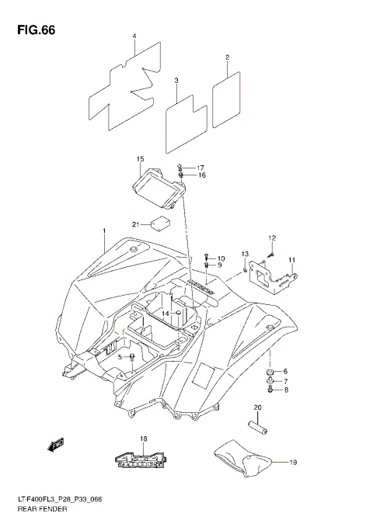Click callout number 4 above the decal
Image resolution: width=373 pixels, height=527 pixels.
click(134, 36)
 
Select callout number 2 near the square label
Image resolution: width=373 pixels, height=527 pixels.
click(227, 57)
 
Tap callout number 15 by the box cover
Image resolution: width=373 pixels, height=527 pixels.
click(141, 159)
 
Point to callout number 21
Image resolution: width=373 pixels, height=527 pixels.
click(134, 224)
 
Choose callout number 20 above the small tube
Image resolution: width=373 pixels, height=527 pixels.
click(258, 407)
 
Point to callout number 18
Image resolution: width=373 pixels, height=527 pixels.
click(143, 439)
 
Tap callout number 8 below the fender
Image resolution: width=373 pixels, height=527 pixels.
click(285, 390)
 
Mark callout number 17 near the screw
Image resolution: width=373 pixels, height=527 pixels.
click(200, 168)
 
